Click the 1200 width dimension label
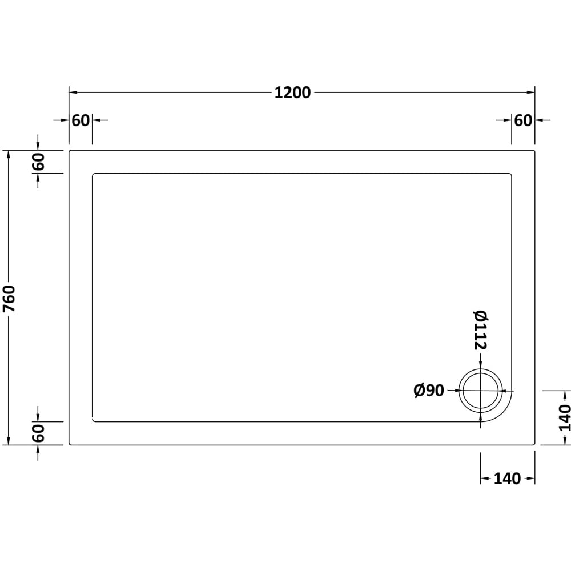pos(292,93)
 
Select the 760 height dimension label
pos(9,299)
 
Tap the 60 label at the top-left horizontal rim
pos(81,120)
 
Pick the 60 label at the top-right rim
pos(523,120)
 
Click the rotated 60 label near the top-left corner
pos(38,162)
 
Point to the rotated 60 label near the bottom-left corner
pos(38,433)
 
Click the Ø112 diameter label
pos(481,330)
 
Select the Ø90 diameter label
pos(429,391)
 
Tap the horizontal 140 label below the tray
pos(507,479)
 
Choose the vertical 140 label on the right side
pos(564,418)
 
